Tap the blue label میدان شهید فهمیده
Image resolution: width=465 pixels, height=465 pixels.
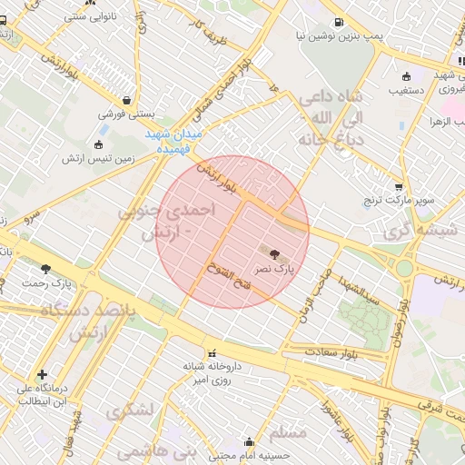click(180, 141)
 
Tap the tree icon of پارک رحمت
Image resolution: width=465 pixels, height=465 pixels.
click(45, 269)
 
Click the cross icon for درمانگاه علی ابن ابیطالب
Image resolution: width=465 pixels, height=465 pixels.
click(42, 374)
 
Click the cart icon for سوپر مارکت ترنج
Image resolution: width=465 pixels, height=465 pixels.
click(398, 186)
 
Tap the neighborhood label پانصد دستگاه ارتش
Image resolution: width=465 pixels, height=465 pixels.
click(87, 320)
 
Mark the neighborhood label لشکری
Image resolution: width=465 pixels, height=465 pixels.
click(130, 411)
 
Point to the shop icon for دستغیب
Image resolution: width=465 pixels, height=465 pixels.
click(405, 76)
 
